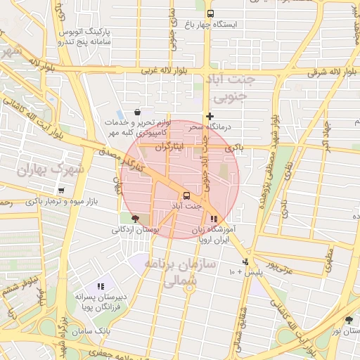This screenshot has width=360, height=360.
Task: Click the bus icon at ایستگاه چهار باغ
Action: [210, 13]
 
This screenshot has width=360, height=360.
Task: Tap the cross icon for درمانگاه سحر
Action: [209, 116]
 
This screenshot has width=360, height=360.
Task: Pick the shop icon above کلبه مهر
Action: [136, 112]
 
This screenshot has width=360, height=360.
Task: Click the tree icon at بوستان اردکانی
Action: [135, 219]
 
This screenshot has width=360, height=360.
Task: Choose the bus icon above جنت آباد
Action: [186, 195]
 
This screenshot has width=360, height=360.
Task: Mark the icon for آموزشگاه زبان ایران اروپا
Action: [214, 219]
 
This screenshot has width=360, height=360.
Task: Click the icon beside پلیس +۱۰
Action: [245, 262]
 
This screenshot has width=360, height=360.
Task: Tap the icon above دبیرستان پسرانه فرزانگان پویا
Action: [101, 286]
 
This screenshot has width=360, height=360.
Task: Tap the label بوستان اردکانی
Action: [136, 229]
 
